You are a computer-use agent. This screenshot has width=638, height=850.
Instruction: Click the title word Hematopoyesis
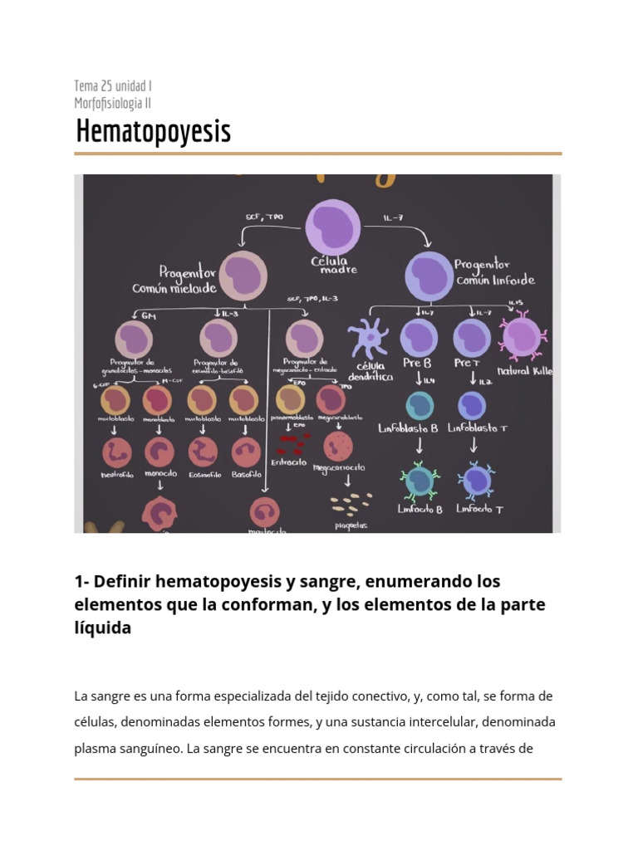(153, 132)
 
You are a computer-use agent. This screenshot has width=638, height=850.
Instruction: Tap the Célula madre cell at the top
(333, 227)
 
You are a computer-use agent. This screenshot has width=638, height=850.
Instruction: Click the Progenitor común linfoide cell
(429, 276)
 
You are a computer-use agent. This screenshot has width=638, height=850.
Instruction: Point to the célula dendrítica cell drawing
(368, 340)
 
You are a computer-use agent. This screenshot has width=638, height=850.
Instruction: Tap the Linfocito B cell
(420, 480)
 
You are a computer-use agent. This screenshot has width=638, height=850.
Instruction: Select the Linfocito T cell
(476, 480)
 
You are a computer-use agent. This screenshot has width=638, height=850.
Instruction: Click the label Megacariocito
(338, 468)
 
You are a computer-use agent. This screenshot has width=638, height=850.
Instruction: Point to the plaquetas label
(351, 525)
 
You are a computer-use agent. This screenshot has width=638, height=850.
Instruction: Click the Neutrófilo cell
(117, 452)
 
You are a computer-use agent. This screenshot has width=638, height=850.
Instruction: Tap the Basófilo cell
(247, 452)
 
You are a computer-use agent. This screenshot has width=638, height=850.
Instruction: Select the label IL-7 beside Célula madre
(394, 217)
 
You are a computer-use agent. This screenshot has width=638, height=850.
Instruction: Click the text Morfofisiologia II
(112, 104)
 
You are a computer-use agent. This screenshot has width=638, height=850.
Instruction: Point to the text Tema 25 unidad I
(112, 85)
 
